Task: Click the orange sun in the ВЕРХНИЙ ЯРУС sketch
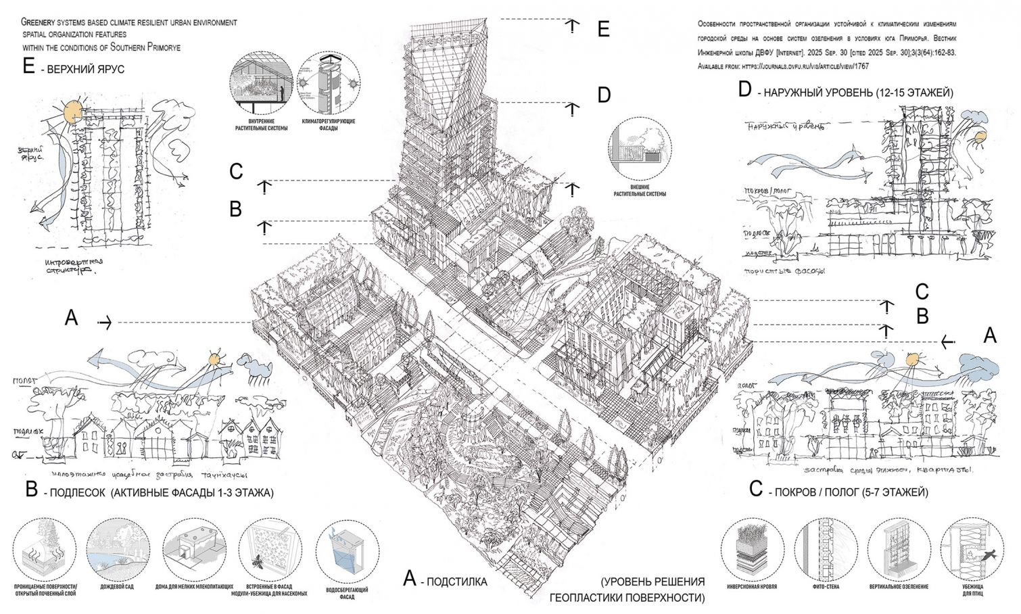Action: pos(71,109)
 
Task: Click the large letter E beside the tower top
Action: pos(603,29)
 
